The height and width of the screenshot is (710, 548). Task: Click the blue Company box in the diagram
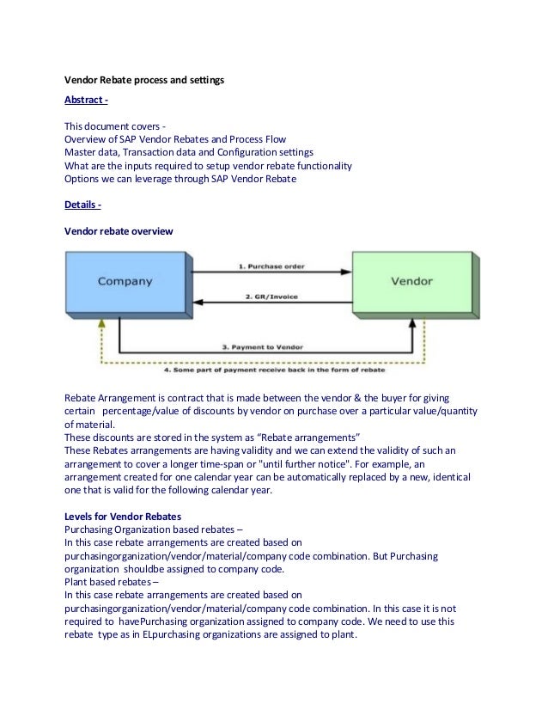pyautogui.click(x=125, y=281)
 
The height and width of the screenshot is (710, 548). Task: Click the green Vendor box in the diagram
pyautogui.click(x=411, y=281)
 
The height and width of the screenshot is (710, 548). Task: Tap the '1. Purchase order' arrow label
pyautogui.click(x=271, y=266)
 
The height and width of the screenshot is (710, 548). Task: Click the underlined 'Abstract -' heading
pyautogui.click(x=86, y=101)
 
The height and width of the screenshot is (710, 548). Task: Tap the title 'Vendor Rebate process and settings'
pyautogui.click(x=144, y=80)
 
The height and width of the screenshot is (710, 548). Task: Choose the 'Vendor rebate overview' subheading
pyautogui.click(x=119, y=232)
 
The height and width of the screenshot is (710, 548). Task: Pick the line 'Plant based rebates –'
pyautogui.click(x=113, y=581)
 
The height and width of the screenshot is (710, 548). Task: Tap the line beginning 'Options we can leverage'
pyautogui.click(x=180, y=179)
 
